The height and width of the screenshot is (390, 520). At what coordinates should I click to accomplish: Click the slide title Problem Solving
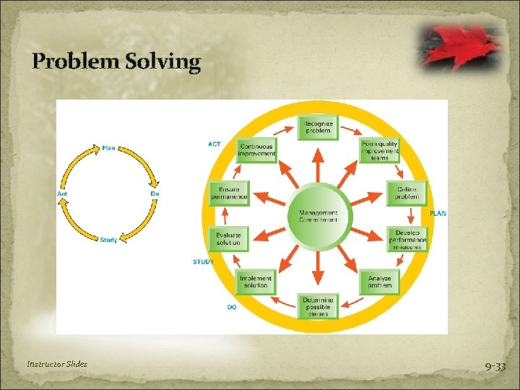point(116,62)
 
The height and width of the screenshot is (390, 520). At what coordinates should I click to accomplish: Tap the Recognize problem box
point(318,127)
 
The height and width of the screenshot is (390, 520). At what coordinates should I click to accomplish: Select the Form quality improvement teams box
point(380,151)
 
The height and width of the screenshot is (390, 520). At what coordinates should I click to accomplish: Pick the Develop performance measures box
point(408,239)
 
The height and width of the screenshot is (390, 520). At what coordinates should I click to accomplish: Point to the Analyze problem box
point(379,282)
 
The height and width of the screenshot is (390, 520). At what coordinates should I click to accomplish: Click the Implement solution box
point(256,282)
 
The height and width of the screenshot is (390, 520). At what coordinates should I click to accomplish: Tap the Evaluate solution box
point(228,239)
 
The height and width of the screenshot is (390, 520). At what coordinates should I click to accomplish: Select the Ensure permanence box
point(229,194)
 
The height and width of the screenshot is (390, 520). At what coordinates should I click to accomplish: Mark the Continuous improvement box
point(256,150)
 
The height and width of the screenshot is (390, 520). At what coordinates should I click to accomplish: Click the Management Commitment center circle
point(318,216)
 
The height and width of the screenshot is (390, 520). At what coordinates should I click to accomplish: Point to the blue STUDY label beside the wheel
point(203,261)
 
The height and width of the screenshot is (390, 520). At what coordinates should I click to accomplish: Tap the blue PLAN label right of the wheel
point(438,214)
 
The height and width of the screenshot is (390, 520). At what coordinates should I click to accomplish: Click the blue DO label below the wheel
point(232,307)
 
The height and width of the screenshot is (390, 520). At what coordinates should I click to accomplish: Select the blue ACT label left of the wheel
point(214,144)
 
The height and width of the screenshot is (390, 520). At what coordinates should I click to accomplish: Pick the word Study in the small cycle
point(108,240)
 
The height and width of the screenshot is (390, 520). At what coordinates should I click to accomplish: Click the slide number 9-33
point(495,367)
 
